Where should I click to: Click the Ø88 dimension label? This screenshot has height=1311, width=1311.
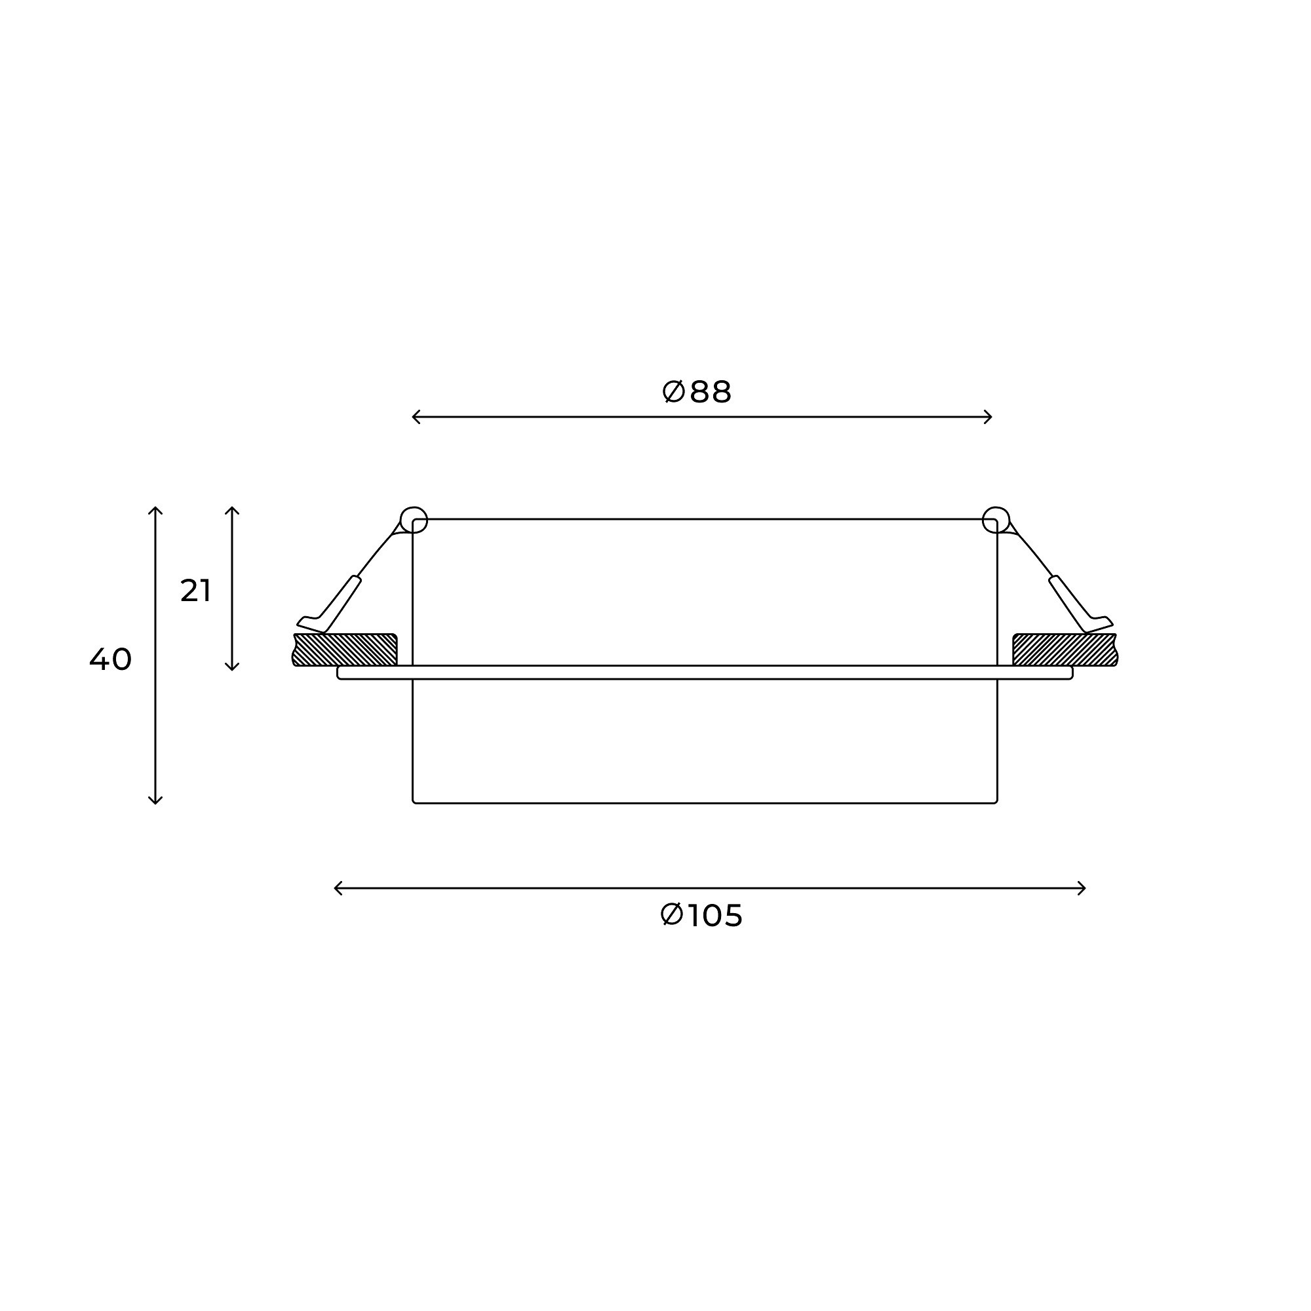pos(696,392)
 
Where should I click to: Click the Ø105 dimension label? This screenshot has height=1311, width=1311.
pos(701,915)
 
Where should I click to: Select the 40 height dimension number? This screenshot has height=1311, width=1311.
pos(111,659)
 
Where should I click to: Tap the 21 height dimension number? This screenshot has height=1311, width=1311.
pos(195,591)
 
